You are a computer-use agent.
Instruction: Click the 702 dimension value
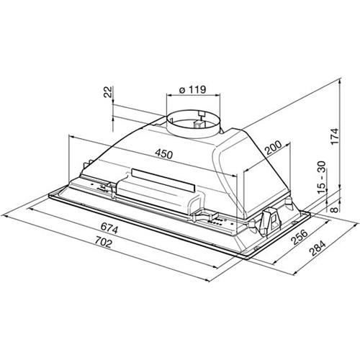(x=103, y=242)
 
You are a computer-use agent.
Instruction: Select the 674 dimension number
(x=109, y=228)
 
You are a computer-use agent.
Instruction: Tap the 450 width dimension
(x=163, y=154)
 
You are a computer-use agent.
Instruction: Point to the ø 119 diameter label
(x=192, y=90)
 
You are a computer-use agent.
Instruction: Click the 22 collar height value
(x=108, y=91)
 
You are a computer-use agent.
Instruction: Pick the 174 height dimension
(x=334, y=136)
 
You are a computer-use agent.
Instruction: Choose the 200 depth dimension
(x=273, y=148)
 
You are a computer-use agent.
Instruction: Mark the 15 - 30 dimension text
(x=322, y=177)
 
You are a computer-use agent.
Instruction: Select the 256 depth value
(x=299, y=237)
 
